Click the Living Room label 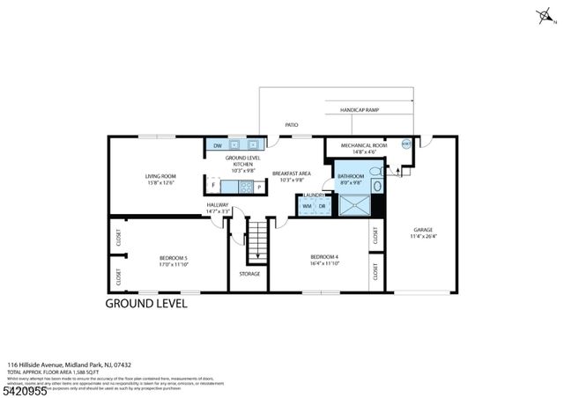coord(160,176)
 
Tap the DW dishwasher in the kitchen coord(217,145)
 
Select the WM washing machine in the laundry coord(308,206)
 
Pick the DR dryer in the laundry coord(322,206)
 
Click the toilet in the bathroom coord(375,171)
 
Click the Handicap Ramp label coord(360,111)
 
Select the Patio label coord(291,125)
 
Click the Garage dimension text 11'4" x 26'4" coord(425,236)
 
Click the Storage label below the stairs coord(249,274)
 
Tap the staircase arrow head coord(256,257)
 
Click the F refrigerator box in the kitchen coord(213,187)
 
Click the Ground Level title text coord(146,304)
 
